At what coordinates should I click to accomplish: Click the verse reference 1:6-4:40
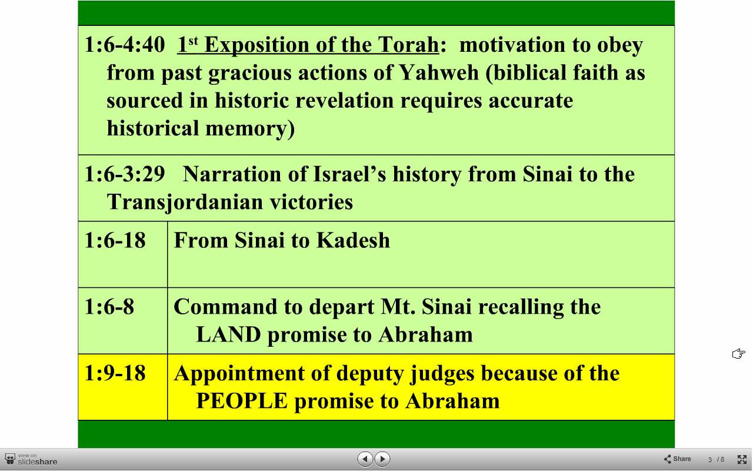coord(125,44)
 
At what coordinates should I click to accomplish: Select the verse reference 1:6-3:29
coord(125,174)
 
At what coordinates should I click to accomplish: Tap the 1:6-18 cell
coord(123,254)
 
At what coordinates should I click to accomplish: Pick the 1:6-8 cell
coord(123,321)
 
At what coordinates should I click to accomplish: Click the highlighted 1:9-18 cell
coord(123,387)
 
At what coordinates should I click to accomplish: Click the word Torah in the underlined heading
coord(408,44)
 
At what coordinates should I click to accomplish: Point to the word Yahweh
coord(438,72)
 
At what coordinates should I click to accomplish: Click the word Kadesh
coord(354,240)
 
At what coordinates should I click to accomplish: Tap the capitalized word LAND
coord(229,334)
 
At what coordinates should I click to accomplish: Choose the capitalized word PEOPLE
coord(242,401)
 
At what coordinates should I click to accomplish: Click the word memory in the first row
coord(250,129)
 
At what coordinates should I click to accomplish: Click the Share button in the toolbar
coord(677,459)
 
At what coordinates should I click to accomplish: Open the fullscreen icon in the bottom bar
coord(742,459)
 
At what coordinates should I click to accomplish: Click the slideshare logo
coord(31,459)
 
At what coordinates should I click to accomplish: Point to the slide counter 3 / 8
coord(716,460)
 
